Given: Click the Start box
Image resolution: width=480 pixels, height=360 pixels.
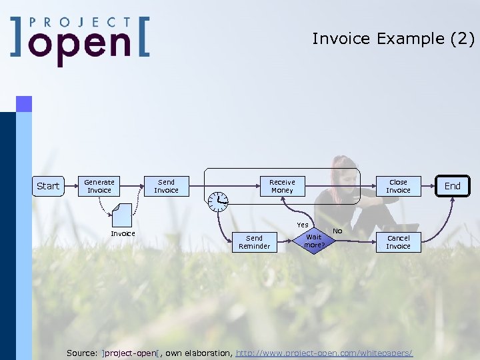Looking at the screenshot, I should [x=48, y=186].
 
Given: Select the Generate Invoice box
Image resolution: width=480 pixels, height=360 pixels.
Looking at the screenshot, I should [x=99, y=186].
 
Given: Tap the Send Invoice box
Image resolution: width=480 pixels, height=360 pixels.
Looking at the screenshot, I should [x=166, y=186].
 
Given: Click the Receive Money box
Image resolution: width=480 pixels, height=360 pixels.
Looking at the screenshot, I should [x=282, y=186].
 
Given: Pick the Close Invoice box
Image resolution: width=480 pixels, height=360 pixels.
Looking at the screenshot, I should [x=398, y=186].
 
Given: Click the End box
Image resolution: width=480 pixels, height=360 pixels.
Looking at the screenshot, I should [x=453, y=186].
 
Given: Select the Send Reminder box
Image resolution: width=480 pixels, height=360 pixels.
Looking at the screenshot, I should [x=255, y=242].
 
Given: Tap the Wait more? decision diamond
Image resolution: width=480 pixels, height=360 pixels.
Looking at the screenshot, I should [x=313, y=241].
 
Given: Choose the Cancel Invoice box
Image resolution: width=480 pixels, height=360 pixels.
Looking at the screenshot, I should [x=398, y=242].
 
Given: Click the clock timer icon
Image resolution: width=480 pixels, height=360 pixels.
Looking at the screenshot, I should [x=217, y=200].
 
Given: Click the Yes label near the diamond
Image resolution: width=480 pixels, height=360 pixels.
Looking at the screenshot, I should [x=303, y=225].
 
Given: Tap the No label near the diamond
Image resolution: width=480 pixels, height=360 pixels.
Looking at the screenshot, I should [x=337, y=231].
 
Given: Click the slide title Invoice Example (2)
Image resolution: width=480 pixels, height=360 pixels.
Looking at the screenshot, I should [x=393, y=39].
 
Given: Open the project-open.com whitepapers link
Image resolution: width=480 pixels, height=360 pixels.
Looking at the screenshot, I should [x=325, y=352].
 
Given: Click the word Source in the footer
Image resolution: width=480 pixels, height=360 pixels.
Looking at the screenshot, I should [x=82, y=352].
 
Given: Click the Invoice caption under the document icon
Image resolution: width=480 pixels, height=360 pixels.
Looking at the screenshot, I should [x=123, y=233].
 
